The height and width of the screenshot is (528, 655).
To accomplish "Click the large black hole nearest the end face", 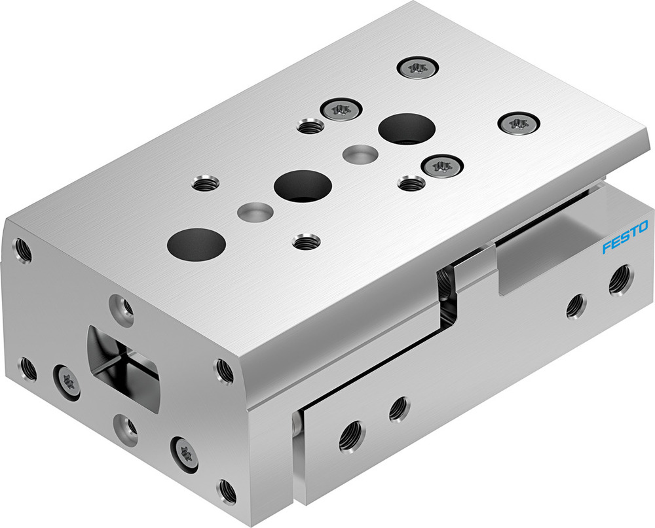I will [196, 243].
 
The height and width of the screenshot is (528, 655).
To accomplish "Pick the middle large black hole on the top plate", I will [303, 186].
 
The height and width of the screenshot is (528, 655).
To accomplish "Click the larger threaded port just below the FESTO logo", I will [619, 279].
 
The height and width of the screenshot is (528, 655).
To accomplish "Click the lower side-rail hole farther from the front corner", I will [398, 410].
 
